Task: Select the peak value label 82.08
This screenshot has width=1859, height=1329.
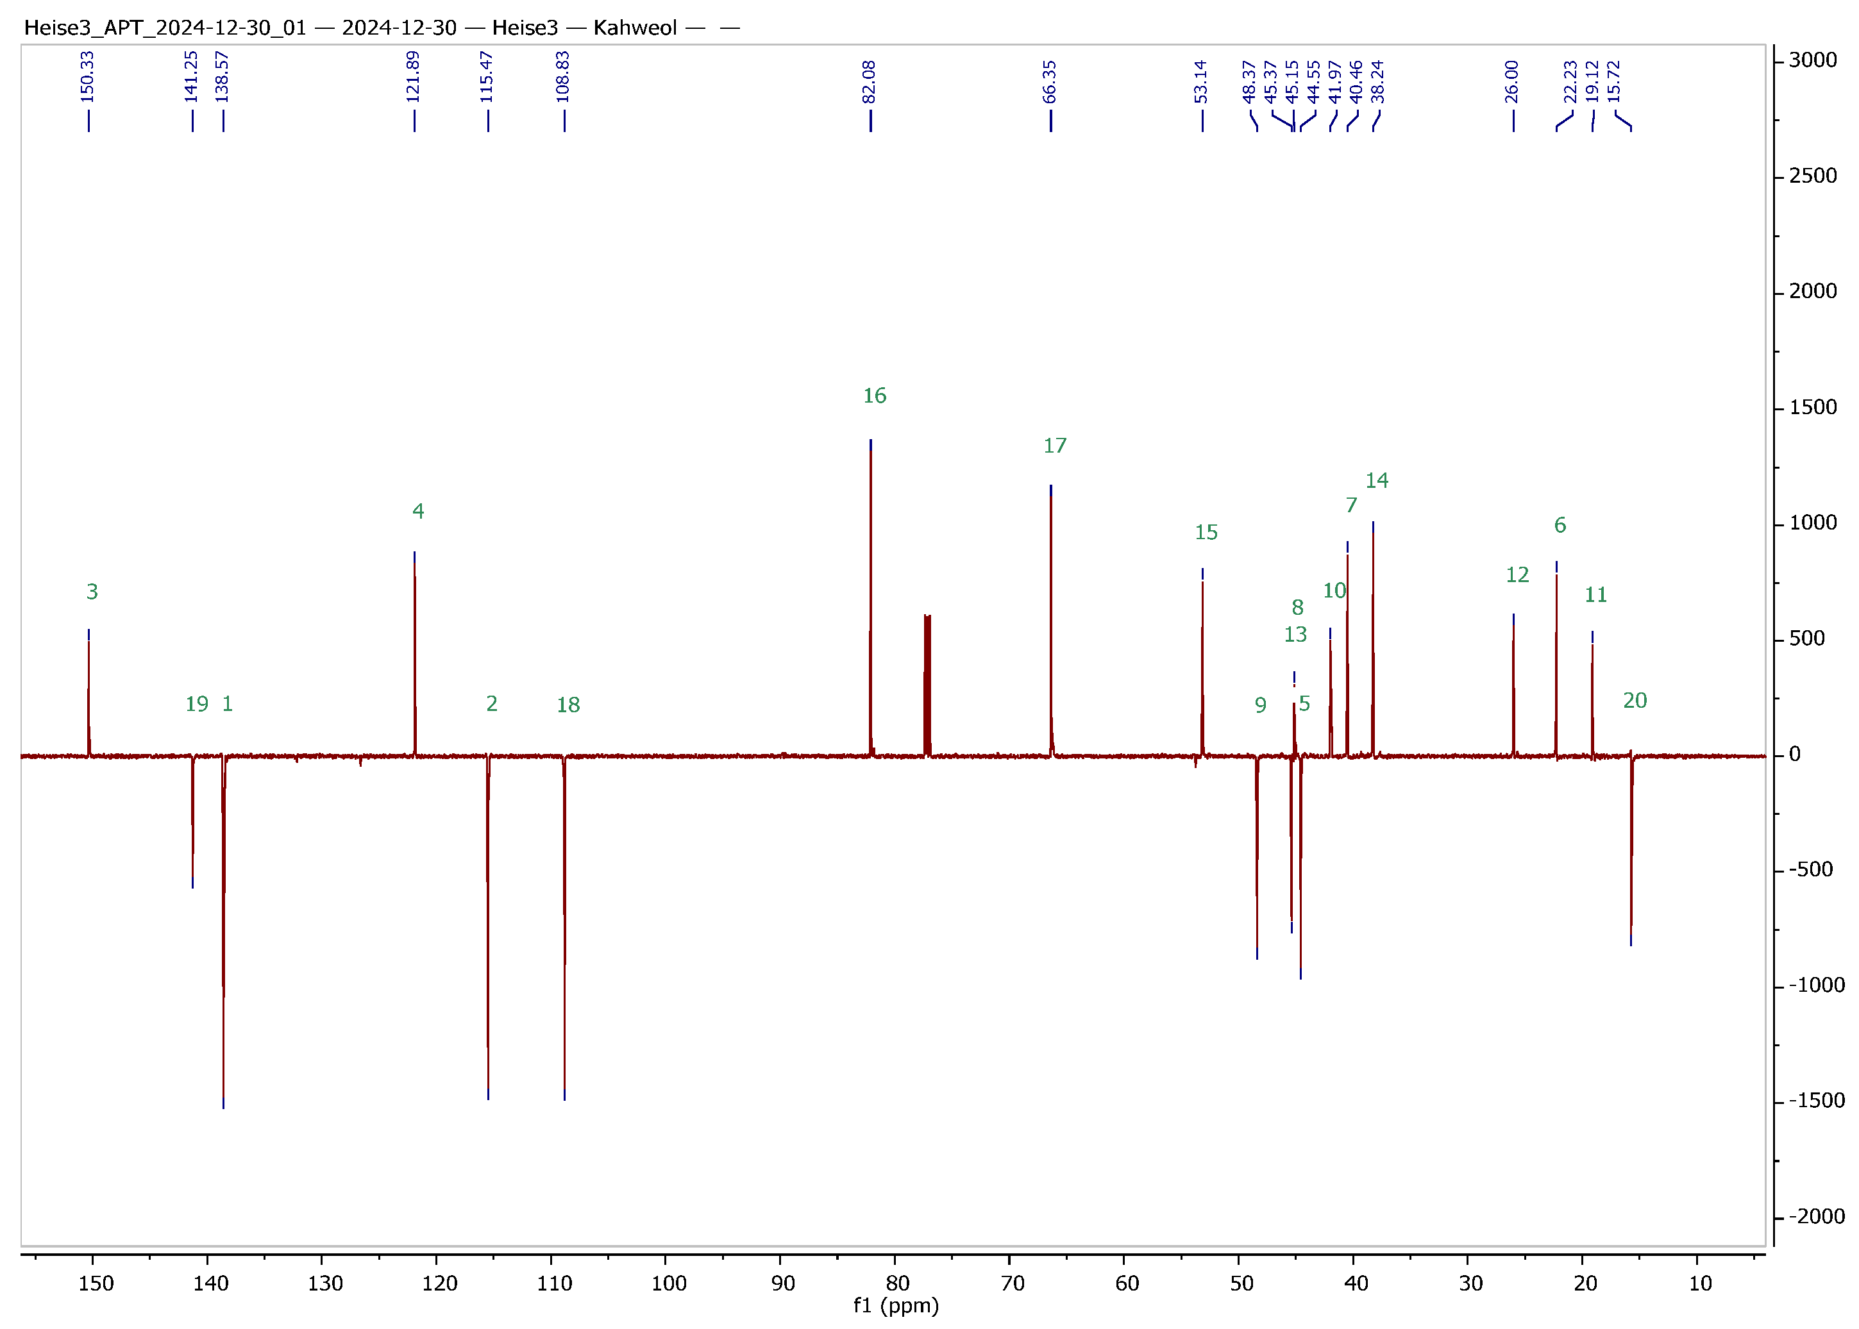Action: (x=870, y=82)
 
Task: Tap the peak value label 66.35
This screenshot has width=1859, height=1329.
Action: (x=1050, y=82)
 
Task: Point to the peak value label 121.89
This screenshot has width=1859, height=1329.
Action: (x=414, y=77)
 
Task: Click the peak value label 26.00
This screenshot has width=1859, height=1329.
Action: (x=1512, y=82)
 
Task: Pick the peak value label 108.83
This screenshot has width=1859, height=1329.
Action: (x=563, y=77)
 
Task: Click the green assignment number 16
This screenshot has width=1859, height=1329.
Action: (x=874, y=396)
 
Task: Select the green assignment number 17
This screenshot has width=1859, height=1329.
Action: (x=1054, y=446)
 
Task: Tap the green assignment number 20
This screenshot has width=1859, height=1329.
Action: (x=1635, y=701)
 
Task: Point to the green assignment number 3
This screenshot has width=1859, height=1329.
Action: (x=92, y=592)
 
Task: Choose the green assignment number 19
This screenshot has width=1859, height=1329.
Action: (x=196, y=704)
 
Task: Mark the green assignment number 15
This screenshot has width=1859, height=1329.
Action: (x=1206, y=533)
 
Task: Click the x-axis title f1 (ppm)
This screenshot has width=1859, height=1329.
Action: (x=896, y=1305)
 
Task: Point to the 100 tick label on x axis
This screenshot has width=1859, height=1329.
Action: (x=669, y=1283)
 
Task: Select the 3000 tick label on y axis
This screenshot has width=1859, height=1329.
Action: (x=1812, y=60)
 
